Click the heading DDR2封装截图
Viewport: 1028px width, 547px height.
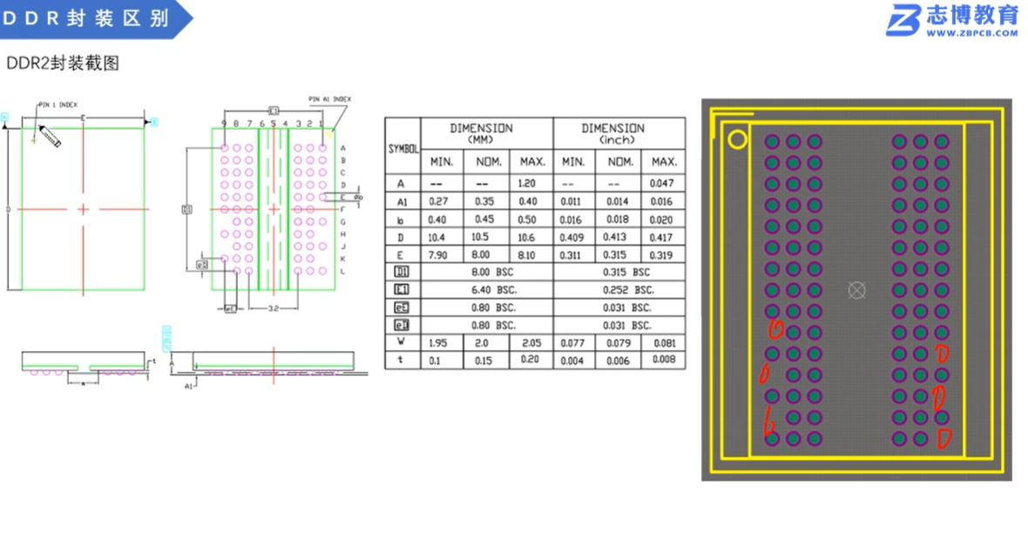tap(62, 64)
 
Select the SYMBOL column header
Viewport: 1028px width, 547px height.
tap(402, 150)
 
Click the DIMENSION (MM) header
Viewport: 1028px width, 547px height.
tap(481, 132)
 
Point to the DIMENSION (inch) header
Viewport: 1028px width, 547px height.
tap(612, 132)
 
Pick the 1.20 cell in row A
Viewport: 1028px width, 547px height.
tap(526, 184)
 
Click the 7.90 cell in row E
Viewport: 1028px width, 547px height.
tap(436, 254)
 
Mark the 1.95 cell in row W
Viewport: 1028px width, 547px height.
tap(436, 343)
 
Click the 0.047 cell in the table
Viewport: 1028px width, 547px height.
tap(663, 184)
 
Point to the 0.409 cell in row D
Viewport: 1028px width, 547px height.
tap(573, 237)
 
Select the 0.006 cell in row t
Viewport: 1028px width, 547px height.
tap(618, 361)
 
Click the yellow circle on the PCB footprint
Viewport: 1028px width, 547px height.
tap(738, 139)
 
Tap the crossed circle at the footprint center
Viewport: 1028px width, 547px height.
tap(856, 290)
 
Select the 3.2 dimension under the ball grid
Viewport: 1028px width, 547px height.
tap(273, 308)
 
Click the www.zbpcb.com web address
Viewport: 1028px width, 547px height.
tap(971, 33)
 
